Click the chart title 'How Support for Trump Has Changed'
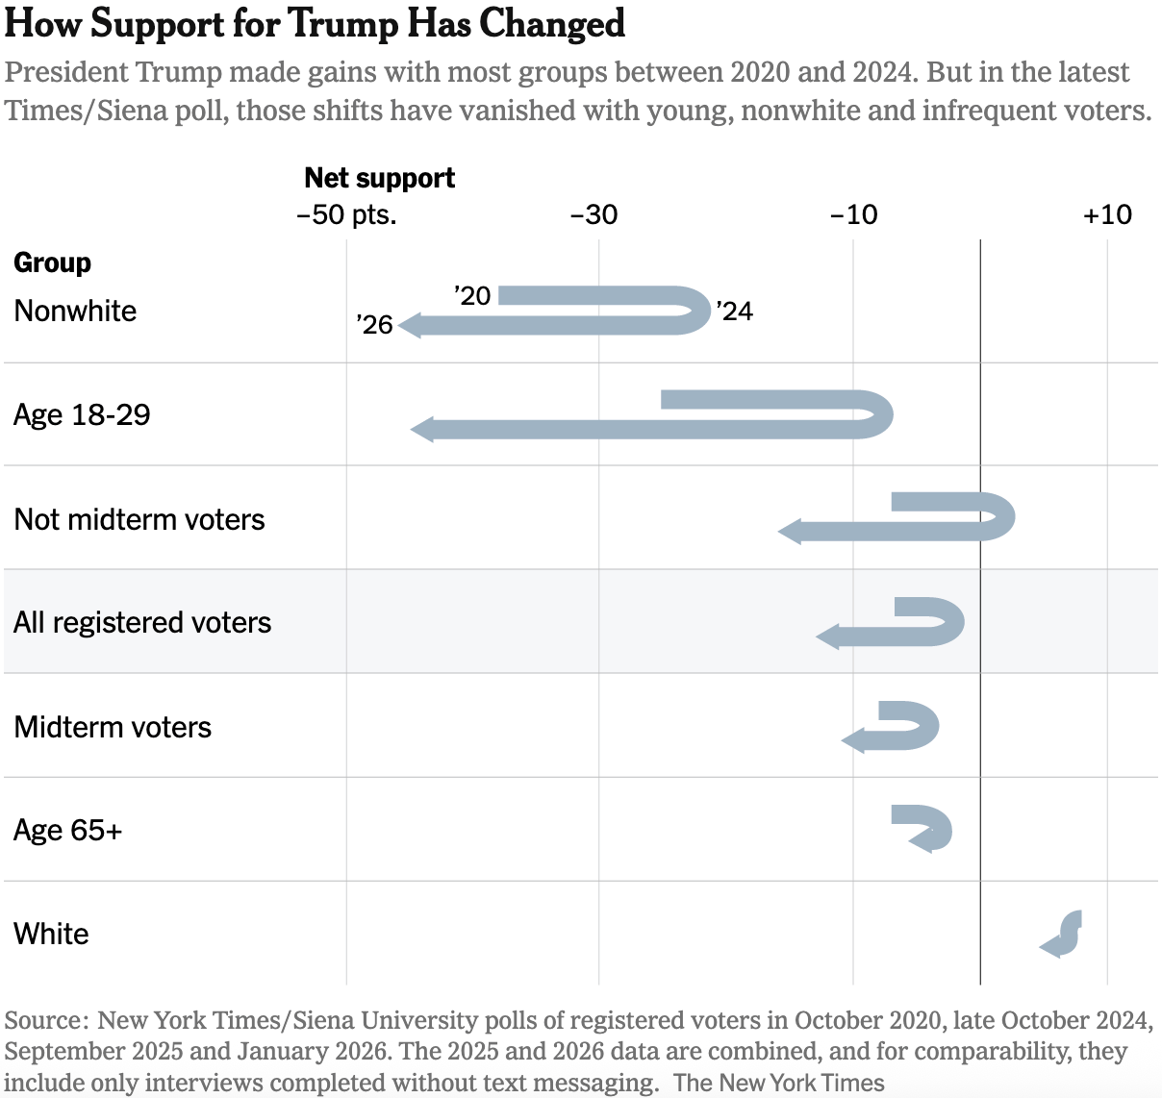[x=315, y=24]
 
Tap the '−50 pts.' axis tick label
[x=346, y=213]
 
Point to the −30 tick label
[x=594, y=213]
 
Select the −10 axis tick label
[x=853, y=213]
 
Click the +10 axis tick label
[x=1107, y=213]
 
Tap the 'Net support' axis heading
[x=379, y=178]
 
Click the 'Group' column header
[x=53, y=262]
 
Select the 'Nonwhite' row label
[x=75, y=311]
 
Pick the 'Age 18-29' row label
[x=82, y=414]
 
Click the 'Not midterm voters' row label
[x=139, y=519]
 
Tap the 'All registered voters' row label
[x=142, y=622]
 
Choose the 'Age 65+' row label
[x=68, y=830]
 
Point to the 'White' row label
[x=51, y=934]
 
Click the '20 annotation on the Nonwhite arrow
[x=472, y=295]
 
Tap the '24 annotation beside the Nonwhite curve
[x=734, y=312]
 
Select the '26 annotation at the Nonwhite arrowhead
[x=374, y=325]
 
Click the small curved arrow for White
[x=1061, y=935]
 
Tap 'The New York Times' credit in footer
[x=778, y=1083]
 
